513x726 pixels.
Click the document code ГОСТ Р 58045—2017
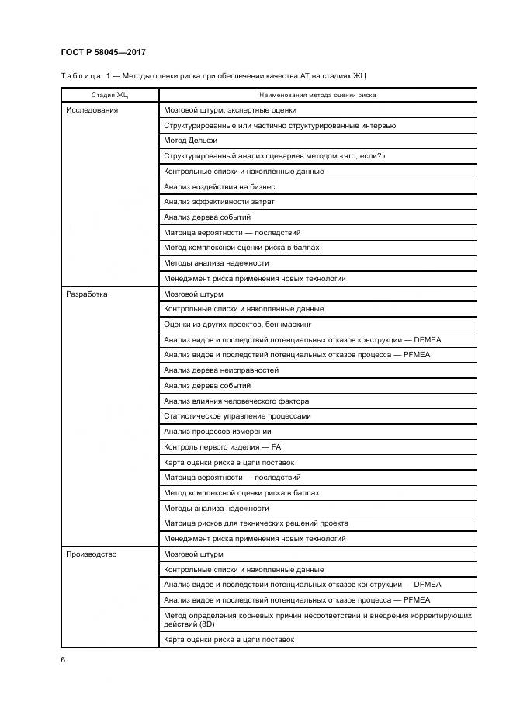[102, 53]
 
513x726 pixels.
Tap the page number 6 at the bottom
[63, 658]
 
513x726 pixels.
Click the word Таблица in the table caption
[81, 76]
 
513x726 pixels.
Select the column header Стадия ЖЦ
[109, 95]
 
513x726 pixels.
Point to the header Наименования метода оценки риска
[317, 95]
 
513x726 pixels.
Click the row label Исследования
[92, 110]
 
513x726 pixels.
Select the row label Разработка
[87, 294]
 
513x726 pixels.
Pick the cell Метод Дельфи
[190, 141]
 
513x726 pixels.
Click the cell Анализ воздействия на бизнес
[219, 186]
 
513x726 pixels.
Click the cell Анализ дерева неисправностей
[220, 370]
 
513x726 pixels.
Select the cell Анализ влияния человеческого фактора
[236, 401]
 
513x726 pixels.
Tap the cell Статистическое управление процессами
[237, 416]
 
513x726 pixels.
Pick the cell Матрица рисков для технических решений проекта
[256, 523]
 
